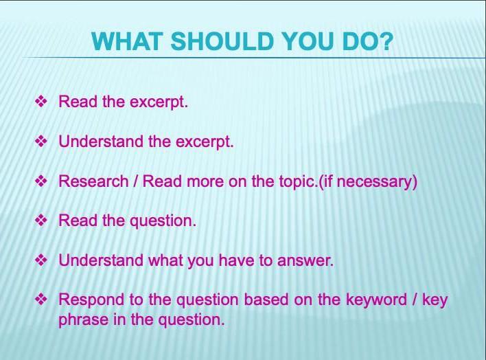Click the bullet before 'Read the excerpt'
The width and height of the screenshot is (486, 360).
pos(41,102)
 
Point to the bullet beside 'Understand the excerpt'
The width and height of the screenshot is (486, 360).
pos(41,142)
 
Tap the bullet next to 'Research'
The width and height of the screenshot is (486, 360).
pos(41,181)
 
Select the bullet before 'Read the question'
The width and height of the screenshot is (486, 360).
pos(41,221)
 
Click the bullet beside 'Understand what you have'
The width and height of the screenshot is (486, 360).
pos(41,260)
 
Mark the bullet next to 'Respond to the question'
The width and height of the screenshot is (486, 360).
pos(41,300)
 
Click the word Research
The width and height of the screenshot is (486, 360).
pos(93,181)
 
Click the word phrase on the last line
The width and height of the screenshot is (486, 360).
pos(82,321)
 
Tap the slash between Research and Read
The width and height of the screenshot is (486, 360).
pos(135,181)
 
